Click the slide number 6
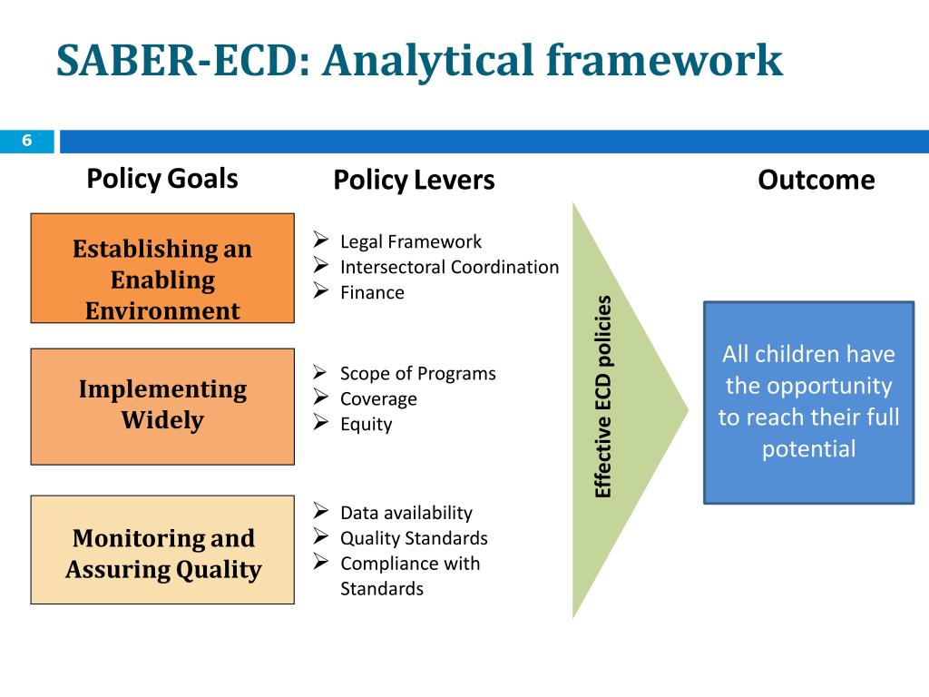click(x=27, y=141)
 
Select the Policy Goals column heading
click(x=162, y=178)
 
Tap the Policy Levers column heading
click(x=414, y=180)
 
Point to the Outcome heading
click(x=816, y=180)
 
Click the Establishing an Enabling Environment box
click(x=162, y=269)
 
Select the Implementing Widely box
click(x=162, y=406)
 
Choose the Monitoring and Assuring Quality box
click(x=162, y=550)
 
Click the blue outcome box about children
click(x=808, y=402)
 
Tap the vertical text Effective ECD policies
click(x=603, y=397)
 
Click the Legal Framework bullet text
click(x=411, y=241)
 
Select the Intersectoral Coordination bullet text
click(x=449, y=267)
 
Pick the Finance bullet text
click(x=372, y=292)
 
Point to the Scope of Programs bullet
click(x=417, y=373)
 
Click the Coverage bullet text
click(x=378, y=398)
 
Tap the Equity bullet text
click(x=366, y=424)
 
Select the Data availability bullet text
click(x=406, y=513)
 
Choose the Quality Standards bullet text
click(x=414, y=538)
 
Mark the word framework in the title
click(x=665, y=61)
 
